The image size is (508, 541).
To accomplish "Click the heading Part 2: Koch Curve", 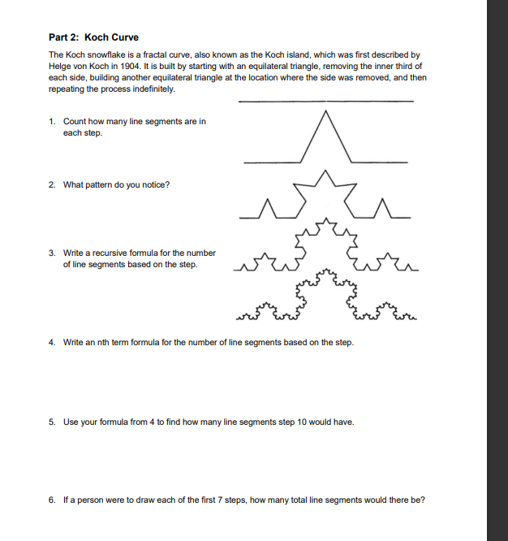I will (x=93, y=37).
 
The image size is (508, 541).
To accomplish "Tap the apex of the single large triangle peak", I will (x=328, y=113).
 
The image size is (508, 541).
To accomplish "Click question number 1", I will (x=52, y=122).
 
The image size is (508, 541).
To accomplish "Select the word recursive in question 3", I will (x=113, y=253).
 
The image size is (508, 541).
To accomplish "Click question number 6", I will (x=52, y=500).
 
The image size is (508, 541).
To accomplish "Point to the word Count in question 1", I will (x=75, y=122).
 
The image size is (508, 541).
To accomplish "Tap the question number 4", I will (x=52, y=342).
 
